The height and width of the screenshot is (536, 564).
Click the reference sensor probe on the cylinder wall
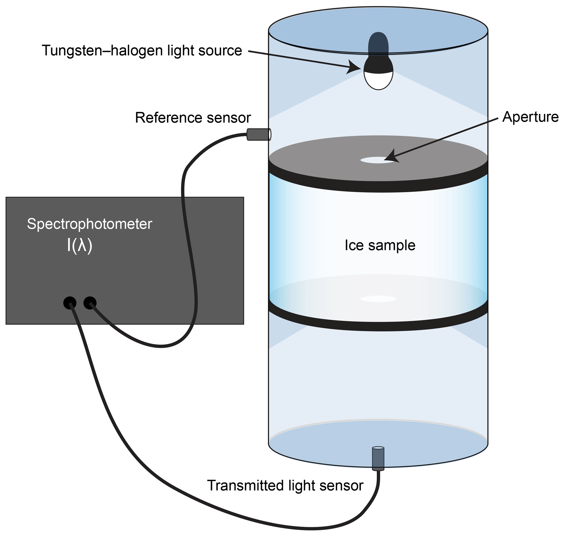258,134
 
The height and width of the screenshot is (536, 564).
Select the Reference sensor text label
193,118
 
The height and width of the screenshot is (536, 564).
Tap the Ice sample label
380,245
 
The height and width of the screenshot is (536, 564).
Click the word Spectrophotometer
89,224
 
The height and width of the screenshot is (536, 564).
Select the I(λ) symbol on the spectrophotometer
79,245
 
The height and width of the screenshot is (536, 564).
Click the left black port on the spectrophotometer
70,303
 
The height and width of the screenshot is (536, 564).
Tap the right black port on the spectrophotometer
90,303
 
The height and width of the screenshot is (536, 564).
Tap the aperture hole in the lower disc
378,299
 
